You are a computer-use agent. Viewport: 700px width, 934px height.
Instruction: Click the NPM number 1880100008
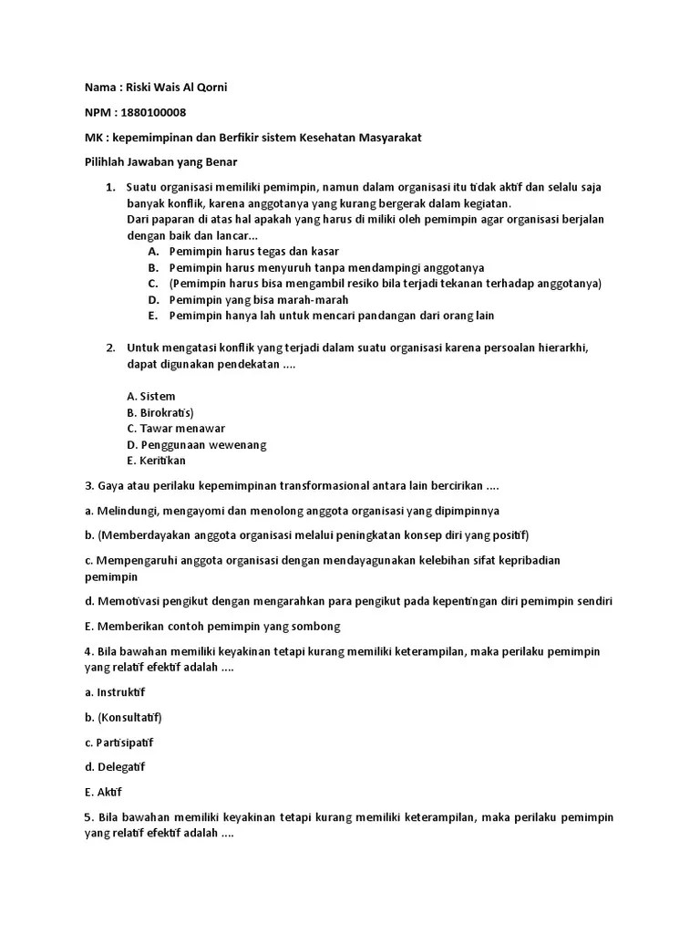[x=153, y=112]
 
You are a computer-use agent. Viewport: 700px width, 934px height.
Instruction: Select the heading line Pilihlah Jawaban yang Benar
[x=160, y=161]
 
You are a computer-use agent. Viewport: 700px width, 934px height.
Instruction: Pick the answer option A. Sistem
[x=151, y=397]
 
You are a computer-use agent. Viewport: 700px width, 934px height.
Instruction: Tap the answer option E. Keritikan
[x=156, y=461]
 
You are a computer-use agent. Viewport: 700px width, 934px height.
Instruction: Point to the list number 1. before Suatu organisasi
[x=109, y=187]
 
